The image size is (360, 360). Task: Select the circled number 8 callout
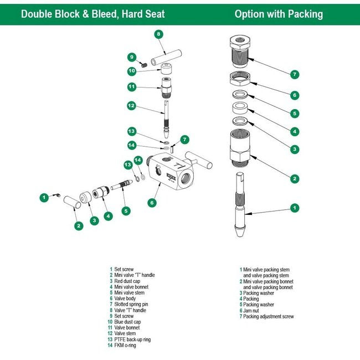pyautogui.click(x=158, y=34)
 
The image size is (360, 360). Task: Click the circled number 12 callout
pyautogui.click(x=131, y=105)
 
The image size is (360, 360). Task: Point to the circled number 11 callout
pyautogui.click(x=131, y=86)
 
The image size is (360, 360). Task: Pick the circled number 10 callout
pyautogui.click(x=131, y=71)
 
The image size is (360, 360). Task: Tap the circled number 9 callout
pyautogui.click(x=131, y=57)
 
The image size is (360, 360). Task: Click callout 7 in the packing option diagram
pyautogui.click(x=295, y=74)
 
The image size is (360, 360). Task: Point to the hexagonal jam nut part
pyautogui.click(x=241, y=79)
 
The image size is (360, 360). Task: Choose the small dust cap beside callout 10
pyautogui.click(x=165, y=70)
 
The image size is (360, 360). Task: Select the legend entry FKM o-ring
pyautogui.click(x=126, y=346)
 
